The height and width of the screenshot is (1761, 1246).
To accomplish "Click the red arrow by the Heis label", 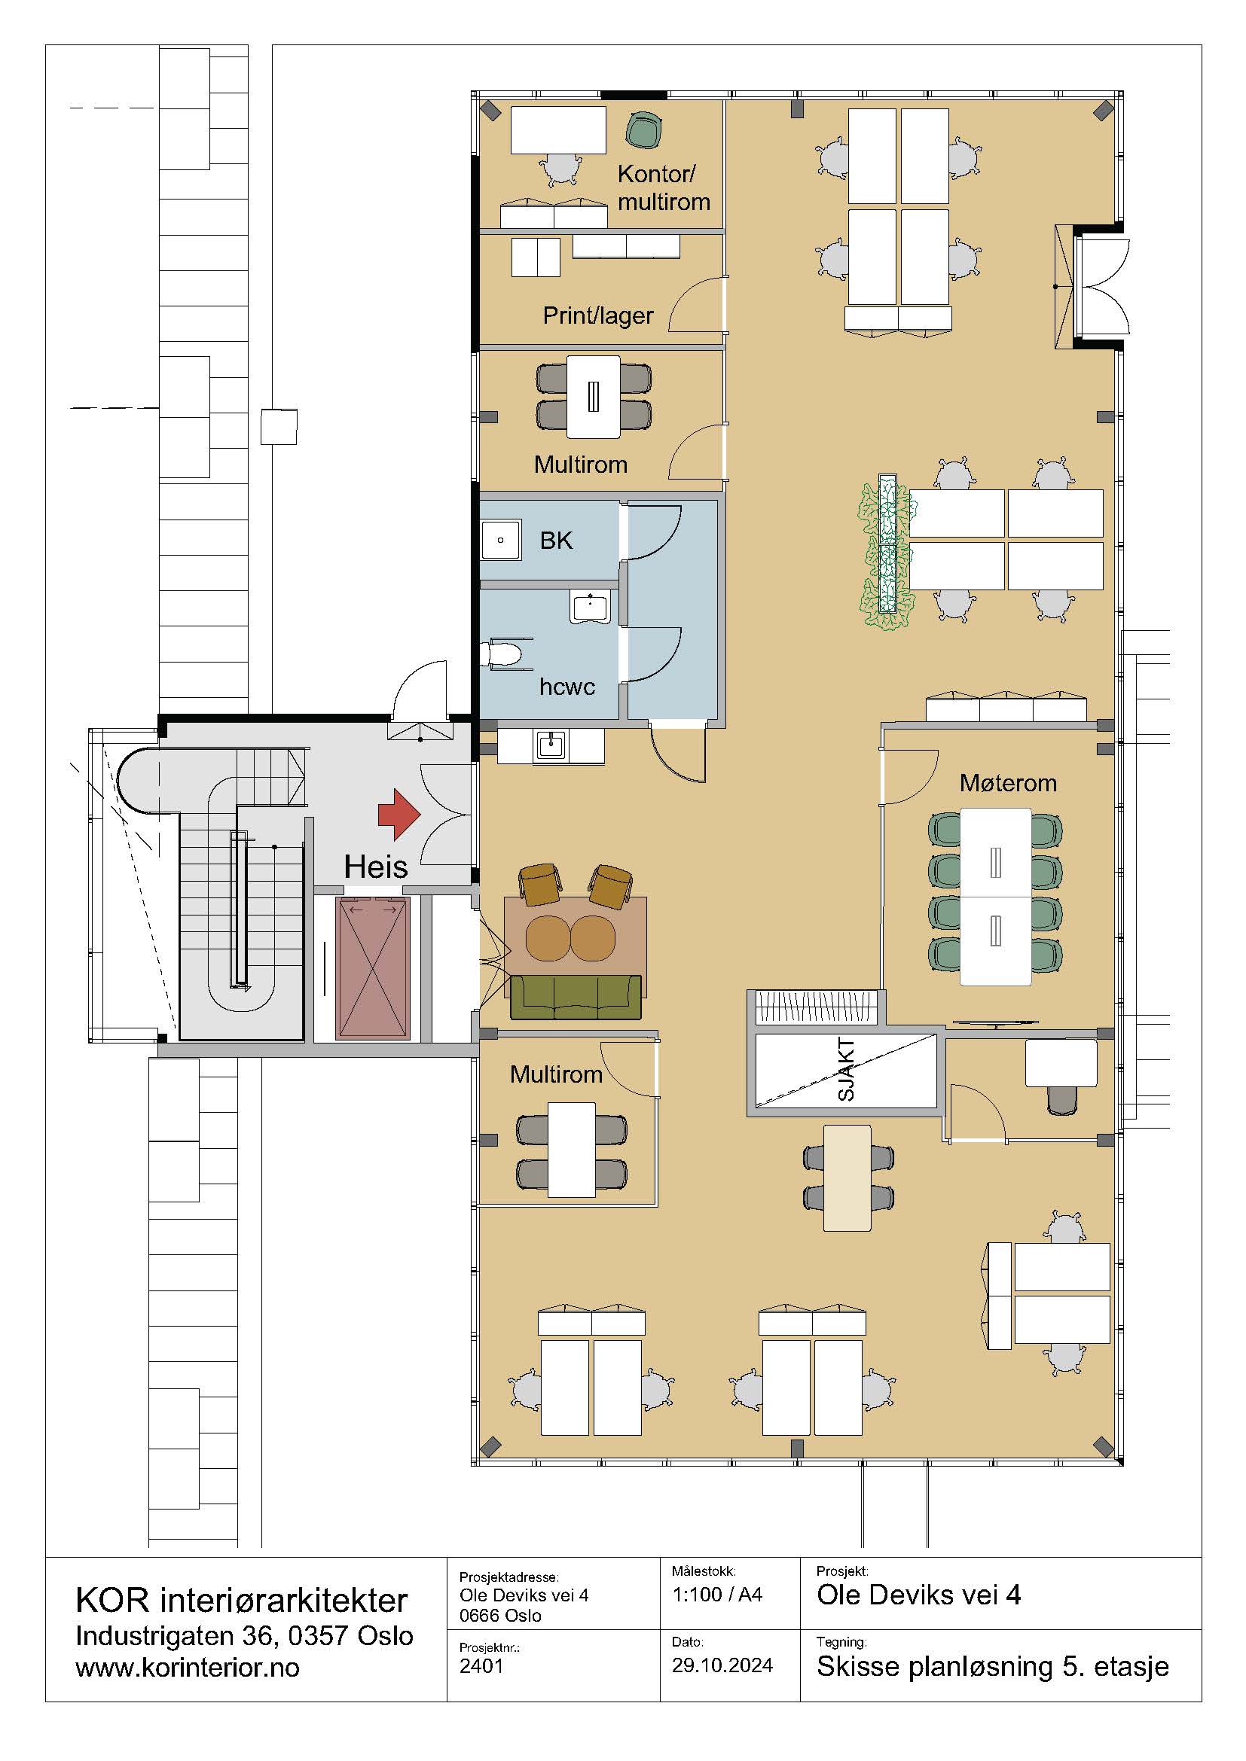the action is [x=399, y=814].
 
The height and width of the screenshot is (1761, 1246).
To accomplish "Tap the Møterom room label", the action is [x=1008, y=783].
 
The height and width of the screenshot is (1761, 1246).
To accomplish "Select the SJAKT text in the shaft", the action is [x=845, y=1070].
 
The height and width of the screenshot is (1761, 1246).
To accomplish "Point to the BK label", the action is [x=556, y=541].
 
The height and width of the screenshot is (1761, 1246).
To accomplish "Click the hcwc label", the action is [x=567, y=687].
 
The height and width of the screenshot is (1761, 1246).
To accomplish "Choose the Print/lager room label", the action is [x=597, y=315].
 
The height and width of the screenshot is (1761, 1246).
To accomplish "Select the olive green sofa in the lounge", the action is [x=575, y=996].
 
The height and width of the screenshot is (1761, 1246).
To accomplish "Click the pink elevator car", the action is [x=373, y=968].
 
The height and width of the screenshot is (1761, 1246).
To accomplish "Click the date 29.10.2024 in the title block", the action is [x=722, y=1665].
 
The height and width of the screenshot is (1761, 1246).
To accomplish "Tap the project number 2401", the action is [x=481, y=1666].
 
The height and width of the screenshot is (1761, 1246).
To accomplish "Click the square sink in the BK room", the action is [x=501, y=540].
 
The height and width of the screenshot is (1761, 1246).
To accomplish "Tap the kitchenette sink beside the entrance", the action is [x=551, y=745].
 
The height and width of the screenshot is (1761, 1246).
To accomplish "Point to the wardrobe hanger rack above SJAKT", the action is [x=817, y=1007].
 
